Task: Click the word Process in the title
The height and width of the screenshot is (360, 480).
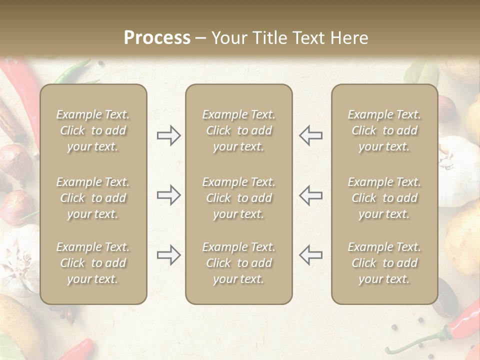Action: coord(157,38)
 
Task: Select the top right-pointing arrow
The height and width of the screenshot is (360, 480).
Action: coord(168,135)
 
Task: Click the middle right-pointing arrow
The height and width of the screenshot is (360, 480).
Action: coord(168,195)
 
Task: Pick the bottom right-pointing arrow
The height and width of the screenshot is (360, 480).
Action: coord(168,255)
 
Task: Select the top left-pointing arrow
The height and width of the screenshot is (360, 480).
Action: coord(310,135)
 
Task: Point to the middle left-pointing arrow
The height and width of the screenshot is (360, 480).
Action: coord(310,195)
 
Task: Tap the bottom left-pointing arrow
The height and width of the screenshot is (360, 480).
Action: coord(310,255)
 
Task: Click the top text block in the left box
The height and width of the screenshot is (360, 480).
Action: coord(93,130)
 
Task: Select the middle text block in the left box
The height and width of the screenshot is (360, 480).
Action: coord(93,198)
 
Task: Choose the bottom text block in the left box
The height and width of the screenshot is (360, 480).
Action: coord(93,263)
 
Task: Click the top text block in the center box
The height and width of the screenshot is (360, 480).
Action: coord(238,130)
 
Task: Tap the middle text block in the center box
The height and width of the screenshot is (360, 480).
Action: coord(238,198)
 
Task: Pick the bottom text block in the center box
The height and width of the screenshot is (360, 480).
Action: coord(238,263)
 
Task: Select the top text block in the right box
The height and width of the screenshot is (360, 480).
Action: coord(384,130)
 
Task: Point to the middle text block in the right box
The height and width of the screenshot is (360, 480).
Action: coord(384,198)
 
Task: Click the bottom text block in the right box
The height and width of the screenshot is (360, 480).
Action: coord(384,263)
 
